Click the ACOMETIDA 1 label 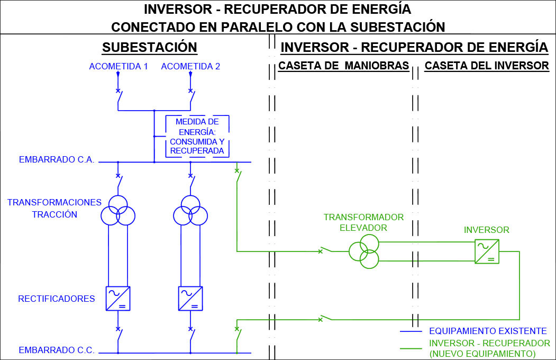[119, 66]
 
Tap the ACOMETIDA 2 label [190, 66]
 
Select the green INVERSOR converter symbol [487, 251]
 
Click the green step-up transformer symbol [364, 251]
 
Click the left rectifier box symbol [118, 299]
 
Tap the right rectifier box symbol [190, 299]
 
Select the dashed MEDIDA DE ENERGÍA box [166, 136]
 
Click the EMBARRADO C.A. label [57, 159]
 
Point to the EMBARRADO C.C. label [57, 350]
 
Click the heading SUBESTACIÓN [150, 48]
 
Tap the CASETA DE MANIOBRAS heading [344, 66]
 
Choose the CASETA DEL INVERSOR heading [487, 66]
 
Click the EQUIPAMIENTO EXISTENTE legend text [488, 331]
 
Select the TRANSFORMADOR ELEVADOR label [363, 222]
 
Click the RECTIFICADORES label [57, 299]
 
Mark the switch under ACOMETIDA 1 [120, 100]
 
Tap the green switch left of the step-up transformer [325, 249]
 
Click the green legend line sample [411, 349]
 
